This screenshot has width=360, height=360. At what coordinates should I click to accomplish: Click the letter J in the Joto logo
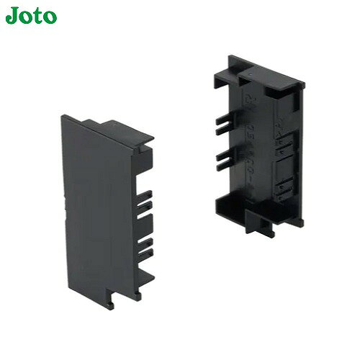13,16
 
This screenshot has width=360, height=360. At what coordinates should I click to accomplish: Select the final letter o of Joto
50,17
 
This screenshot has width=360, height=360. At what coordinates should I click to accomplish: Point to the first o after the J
27,17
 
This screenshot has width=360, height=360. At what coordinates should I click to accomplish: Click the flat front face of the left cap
96,211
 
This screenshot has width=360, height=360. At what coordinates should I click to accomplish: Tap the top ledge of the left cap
117,131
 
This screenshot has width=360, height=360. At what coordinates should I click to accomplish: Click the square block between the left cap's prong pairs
143,225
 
